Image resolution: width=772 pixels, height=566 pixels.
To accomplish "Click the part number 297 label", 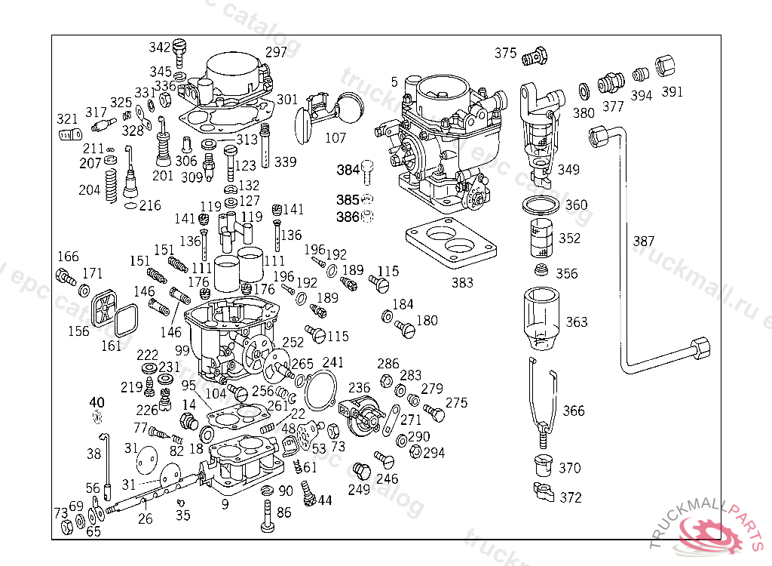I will [x=276, y=52].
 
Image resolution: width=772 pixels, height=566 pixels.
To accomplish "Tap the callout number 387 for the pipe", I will [x=643, y=241].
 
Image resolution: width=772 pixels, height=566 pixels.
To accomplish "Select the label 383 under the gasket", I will [x=462, y=282].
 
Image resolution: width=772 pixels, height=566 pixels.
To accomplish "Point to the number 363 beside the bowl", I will [x=576, y=322].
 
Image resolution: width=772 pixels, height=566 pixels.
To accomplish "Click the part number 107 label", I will [x=335, y=138].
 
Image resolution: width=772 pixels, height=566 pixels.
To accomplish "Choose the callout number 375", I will [x=505, y=53].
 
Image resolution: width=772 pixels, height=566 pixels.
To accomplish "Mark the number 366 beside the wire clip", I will [x=574, y=411].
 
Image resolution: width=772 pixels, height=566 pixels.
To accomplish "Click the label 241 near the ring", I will [x=332, y=362].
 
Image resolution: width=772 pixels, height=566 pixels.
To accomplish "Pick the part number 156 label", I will [x=78, y=331].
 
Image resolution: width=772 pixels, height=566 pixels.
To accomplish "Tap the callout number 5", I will [x=394, y=82].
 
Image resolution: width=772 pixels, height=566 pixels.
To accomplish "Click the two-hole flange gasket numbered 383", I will [x=451, y=246].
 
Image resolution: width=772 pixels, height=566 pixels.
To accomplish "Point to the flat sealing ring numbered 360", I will [x=540, y=205].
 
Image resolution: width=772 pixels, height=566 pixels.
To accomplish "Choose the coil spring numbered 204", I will [x=112, y=186].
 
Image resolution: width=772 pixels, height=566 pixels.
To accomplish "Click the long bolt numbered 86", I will [x=267, y=519].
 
